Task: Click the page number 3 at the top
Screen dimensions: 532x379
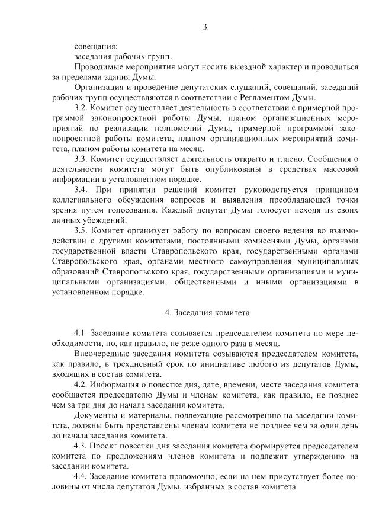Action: pyautogui.click(x=205, y=26)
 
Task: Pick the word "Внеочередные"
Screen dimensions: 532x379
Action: pyautogui.click(x=102, y=354)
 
